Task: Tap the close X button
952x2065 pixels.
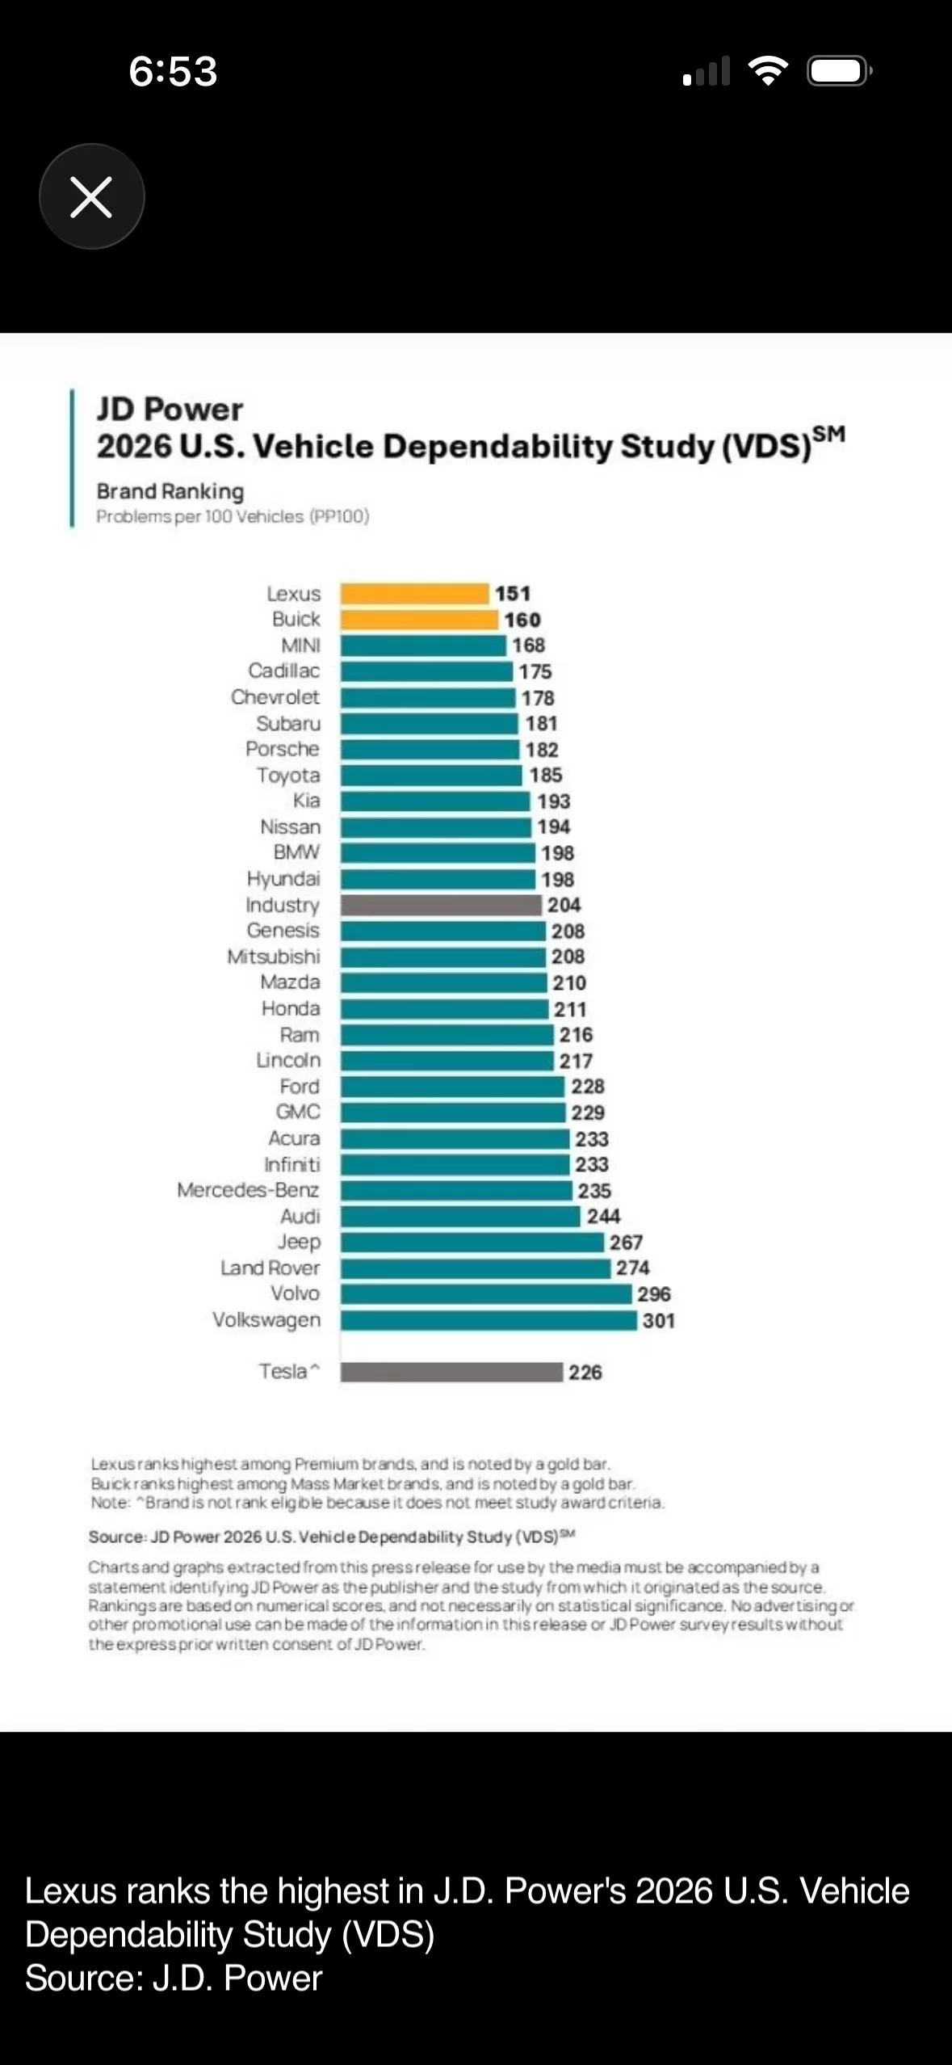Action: pos(91,197)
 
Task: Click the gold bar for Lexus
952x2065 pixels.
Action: pos(414,594)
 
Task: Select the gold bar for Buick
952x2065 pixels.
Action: pos(418,620)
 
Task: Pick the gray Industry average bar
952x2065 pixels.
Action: pos(440,905)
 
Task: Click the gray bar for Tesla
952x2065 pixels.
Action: pos(451,1372)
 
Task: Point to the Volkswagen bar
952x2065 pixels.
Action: pos(489,1321)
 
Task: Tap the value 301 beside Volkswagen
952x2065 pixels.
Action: pos(659,1321)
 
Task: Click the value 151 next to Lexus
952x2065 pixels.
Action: pos(513,594)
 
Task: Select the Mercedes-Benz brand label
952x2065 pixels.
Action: pos(248,1190)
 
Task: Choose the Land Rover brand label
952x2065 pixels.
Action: pos(270,1268)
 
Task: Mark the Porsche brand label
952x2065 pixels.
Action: pos(283,749)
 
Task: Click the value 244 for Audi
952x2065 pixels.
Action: pos(603,1216)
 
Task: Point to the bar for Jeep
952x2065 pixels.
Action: pos(472,1242)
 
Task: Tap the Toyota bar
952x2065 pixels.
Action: pos(431,775)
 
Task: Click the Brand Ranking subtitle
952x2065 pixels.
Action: pos(170,491)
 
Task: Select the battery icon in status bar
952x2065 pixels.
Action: pos(839,71)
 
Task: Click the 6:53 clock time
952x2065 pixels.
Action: pos(173,71)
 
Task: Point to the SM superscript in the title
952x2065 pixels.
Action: pos(829,435)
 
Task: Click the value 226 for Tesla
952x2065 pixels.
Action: pos(585,1372)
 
